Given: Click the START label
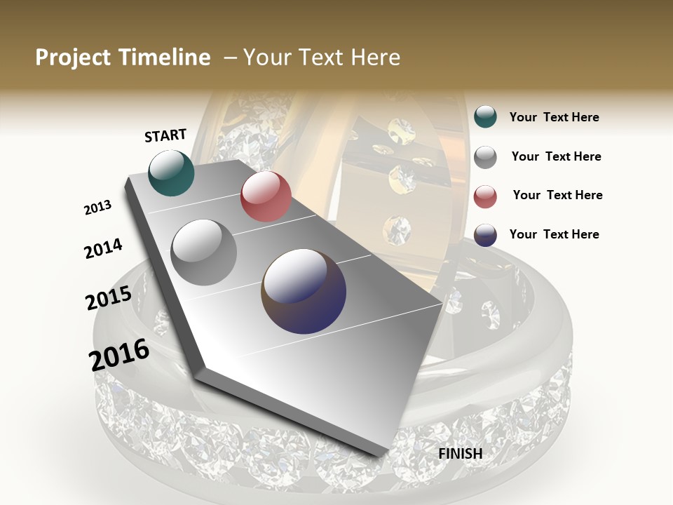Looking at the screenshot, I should [165, 135].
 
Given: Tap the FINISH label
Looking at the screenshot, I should [461, 454].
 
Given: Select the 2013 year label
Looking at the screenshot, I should [97, 208].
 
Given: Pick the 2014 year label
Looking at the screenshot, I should [103, 249].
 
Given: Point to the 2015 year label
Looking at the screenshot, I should [109, 298].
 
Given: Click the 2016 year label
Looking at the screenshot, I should [119, 355].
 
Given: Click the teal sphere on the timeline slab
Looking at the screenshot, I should [171, 173].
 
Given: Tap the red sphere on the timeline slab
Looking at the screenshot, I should [266, 196].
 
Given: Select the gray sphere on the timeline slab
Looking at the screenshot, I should [204, 252].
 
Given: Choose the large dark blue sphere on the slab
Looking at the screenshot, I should [304, 291].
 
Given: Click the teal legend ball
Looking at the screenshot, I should [485, 117].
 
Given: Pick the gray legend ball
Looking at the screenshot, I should [485, 157].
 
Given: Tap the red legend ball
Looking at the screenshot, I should [485, 196].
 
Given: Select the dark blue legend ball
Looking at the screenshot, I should [485, 235].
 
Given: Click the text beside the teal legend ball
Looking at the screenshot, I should [554, 118].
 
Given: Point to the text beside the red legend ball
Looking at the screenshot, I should [557, 195].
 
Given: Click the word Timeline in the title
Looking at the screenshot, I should [165, 58].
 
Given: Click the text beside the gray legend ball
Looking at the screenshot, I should [556, 156].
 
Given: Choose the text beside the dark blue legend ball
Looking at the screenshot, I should [554, 234].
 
